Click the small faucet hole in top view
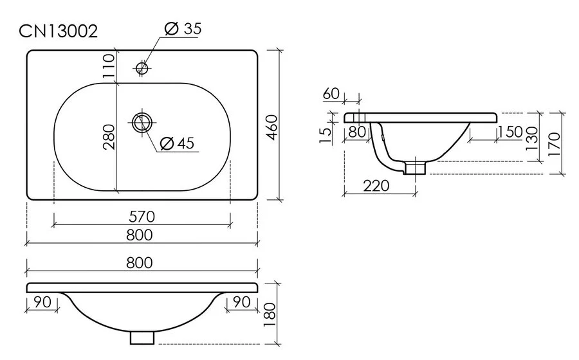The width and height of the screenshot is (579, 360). pyautogui.click(x=142, y=67)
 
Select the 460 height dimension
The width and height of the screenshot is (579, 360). pyautogui.click(x=270, y=128)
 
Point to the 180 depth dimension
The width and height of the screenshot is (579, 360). pyautogui.click(x=270, y=314)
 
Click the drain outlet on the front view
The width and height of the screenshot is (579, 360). pyautogui.click(x=143, y=337)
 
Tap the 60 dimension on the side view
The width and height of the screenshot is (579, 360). pyautogui.click(x=331, y=93)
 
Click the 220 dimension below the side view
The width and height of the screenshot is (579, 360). pyautogui.click(x=376, y=186)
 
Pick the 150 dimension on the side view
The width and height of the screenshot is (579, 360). pyautogui.click(x=510, y=132)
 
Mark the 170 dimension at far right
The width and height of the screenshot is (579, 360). pyautogui.click(x=555, y=142)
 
